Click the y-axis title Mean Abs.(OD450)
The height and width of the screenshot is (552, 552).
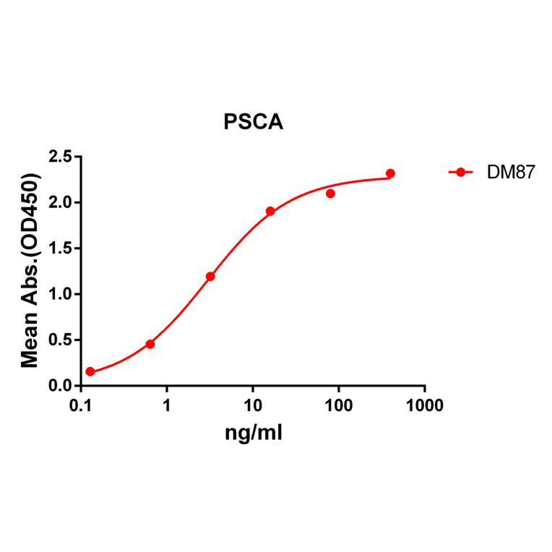30,271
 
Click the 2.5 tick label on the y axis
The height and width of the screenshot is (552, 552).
61,157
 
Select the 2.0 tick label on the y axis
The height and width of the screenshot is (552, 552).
61,202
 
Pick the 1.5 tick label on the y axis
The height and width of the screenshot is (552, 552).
61,249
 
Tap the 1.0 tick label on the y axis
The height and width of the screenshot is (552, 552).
61,294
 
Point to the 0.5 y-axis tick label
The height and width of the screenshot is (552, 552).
61,340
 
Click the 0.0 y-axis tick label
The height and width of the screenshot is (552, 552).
61,386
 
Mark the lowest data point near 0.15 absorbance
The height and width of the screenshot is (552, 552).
90,371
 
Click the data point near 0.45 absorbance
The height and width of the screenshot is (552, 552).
150,344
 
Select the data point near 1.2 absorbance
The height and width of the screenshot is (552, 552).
210,276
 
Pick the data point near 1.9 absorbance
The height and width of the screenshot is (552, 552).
270,211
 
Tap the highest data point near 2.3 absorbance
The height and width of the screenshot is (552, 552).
390,173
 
